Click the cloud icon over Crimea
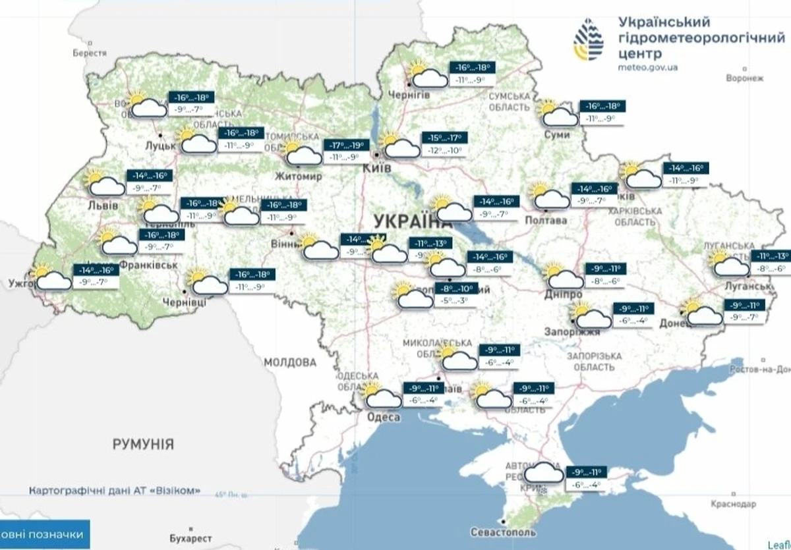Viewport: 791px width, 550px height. coord(544,476)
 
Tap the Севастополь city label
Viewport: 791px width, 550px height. coord(503,532)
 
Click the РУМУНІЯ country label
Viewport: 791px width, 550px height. coord(143,443)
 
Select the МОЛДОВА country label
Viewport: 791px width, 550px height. coord(290,362)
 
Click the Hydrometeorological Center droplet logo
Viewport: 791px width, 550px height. coord(588,40)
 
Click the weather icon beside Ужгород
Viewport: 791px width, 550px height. coord(52,278)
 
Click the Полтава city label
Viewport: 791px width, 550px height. coord(546,220)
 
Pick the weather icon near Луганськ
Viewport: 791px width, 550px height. coord(730,263)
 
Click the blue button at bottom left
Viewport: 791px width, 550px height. coord(44,534)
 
